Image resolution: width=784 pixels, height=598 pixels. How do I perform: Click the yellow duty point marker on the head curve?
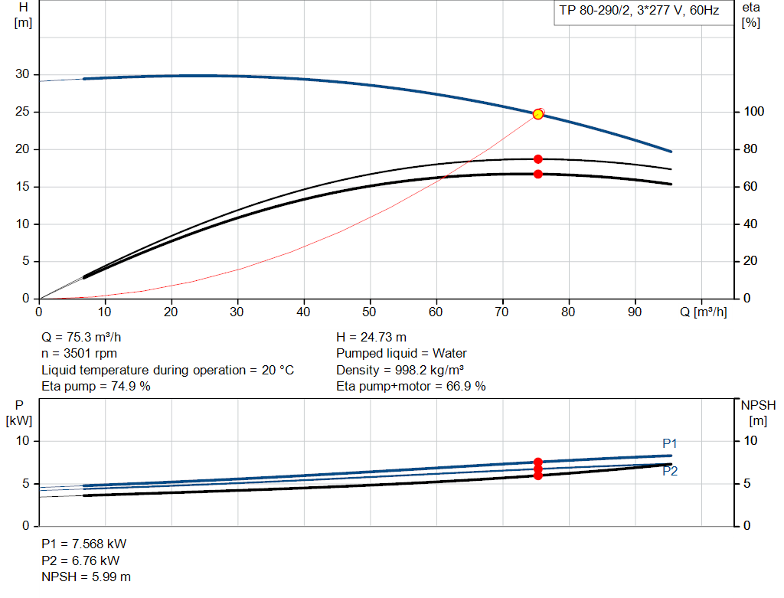click(538, 114)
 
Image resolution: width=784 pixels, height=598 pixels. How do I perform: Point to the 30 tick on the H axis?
click(23, 74)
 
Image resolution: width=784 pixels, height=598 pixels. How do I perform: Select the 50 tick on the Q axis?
click(371, 312)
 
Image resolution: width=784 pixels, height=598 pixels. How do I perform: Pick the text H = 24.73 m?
click(371, 337)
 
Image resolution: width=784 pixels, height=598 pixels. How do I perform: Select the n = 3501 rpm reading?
click(80, 354)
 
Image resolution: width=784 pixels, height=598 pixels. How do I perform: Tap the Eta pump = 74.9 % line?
click(96, 386)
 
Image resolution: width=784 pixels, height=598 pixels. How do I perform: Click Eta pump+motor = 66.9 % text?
click(411, 386)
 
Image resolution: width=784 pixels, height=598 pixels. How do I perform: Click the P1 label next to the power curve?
click(670, 443)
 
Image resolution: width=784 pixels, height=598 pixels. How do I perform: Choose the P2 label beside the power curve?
click(670, 472)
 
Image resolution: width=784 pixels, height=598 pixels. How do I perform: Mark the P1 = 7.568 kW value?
click(83, 544)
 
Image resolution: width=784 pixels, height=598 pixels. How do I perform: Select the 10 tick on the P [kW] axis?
click(22, 441)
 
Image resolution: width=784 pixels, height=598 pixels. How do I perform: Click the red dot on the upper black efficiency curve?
click(538, 159)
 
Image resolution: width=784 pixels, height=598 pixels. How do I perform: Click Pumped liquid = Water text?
click(401, 354)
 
